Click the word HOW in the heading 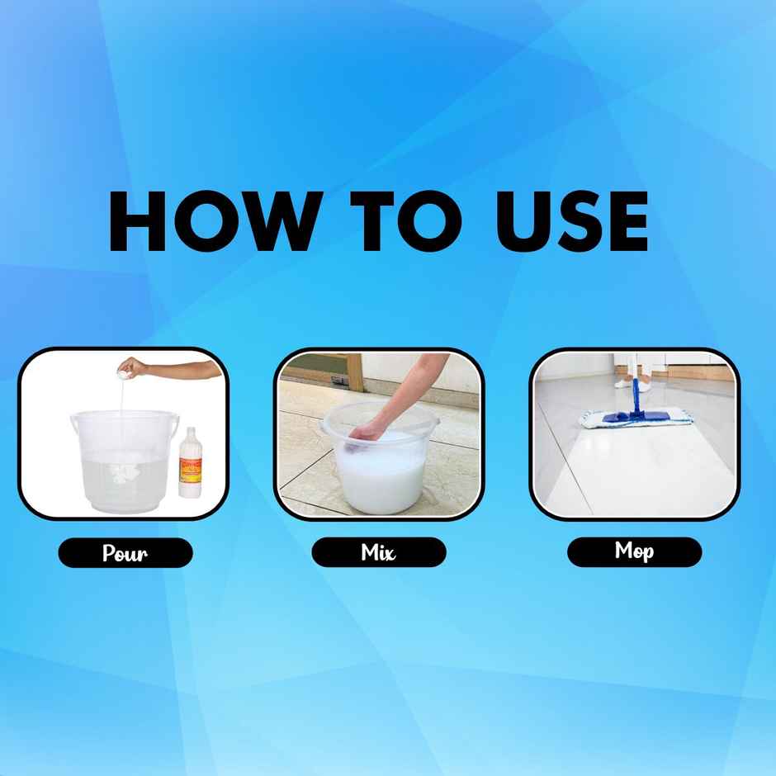tap(211, 222)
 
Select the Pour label tap(125, 552)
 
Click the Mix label tap(378, 552)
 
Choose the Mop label tap(634, 551)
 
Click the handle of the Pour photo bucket tap(76, 425)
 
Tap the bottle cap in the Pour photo tap(191, 431)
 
